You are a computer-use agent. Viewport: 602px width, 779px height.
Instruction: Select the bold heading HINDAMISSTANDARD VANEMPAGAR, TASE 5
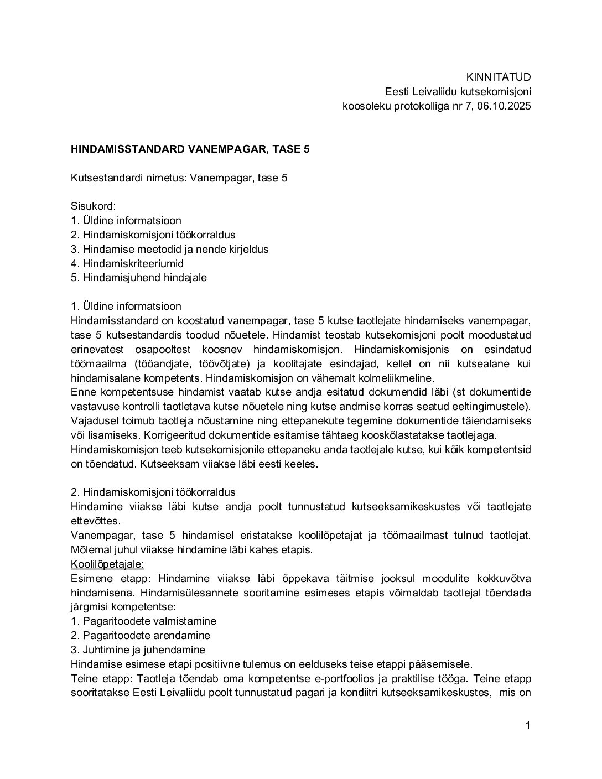(190, 149)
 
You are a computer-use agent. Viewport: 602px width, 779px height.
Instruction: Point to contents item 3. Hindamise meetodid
(170, 250)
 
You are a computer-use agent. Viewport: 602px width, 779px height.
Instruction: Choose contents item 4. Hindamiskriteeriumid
(127, 264)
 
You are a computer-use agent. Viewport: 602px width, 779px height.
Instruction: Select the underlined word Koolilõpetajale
(107, 564)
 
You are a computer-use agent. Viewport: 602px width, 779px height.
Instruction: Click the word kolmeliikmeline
(399, 378)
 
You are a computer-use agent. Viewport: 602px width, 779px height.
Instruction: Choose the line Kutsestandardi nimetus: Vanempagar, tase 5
(179, 178)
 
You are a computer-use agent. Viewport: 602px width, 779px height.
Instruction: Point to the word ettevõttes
(95, 521)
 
